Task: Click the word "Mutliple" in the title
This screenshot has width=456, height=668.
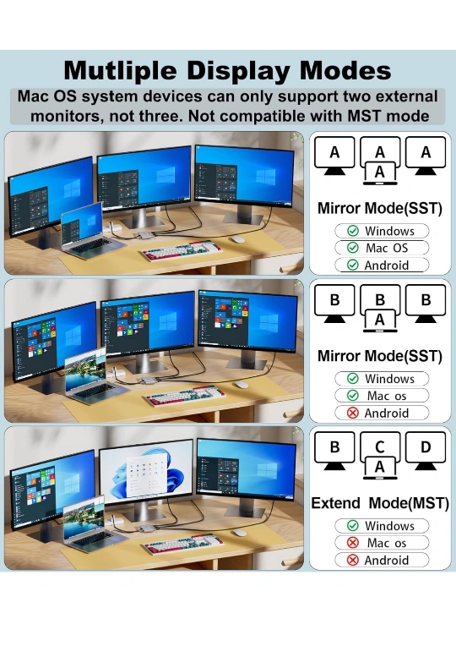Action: pos(120,71)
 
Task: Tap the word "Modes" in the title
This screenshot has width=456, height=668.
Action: pos(345,70)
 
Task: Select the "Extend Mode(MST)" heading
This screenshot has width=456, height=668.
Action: pos(380,503)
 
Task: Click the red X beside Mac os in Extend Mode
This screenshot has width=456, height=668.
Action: pos(353,543)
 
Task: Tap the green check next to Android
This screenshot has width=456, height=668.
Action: pos(353,265)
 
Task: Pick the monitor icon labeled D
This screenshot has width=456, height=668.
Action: pos(426,452)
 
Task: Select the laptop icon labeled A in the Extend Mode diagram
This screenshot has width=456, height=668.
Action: pos(380,468)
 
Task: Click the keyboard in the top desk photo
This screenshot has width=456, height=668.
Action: pos(182,250)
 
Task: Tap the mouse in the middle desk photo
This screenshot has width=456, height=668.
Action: pos(242,385)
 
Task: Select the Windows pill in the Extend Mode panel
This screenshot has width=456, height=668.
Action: pos(382,526)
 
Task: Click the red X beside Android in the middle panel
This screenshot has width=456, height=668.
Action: pos(353,413)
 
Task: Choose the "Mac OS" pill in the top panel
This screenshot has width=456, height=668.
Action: pos(382,248)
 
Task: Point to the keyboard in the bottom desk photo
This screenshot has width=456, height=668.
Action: pos(184,544)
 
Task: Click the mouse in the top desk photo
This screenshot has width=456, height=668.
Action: pos(238,238)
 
